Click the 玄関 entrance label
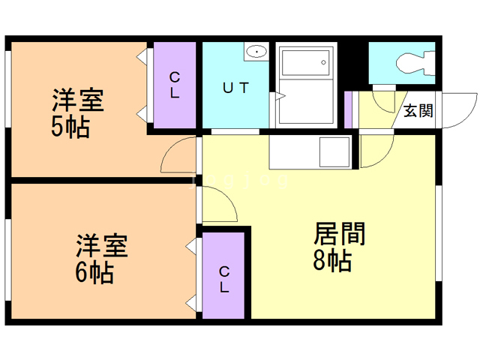(x=418, y=111)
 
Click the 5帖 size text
(x=70, y=127)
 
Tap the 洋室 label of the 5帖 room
(x=78, y=100)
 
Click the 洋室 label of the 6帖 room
(x=101, y=245)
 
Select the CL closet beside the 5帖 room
(x=174, y=85)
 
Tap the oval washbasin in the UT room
(x=256, y=52)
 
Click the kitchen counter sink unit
(x=310, y=151)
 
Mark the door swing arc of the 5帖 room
(x=179, y=156)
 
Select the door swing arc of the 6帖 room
(x=217, y=205)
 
